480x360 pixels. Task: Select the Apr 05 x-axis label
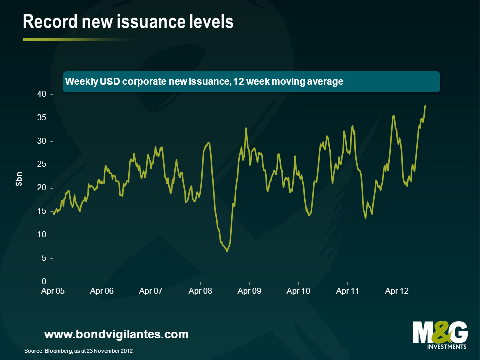tap(53, 290)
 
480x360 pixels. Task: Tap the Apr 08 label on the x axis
tap(200, 290)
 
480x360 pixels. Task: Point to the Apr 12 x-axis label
tap(396, 290)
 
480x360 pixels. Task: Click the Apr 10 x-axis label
tap(298, 290)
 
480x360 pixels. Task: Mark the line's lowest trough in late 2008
tap(227, 251)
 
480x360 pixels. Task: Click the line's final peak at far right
tap(426, 105)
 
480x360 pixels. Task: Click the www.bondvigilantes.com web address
tap(117, 334)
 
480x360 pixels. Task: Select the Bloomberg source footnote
tap(78, 352)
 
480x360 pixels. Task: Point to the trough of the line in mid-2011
tap(365, 218)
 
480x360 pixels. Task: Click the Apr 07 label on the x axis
tap(151, 290)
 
